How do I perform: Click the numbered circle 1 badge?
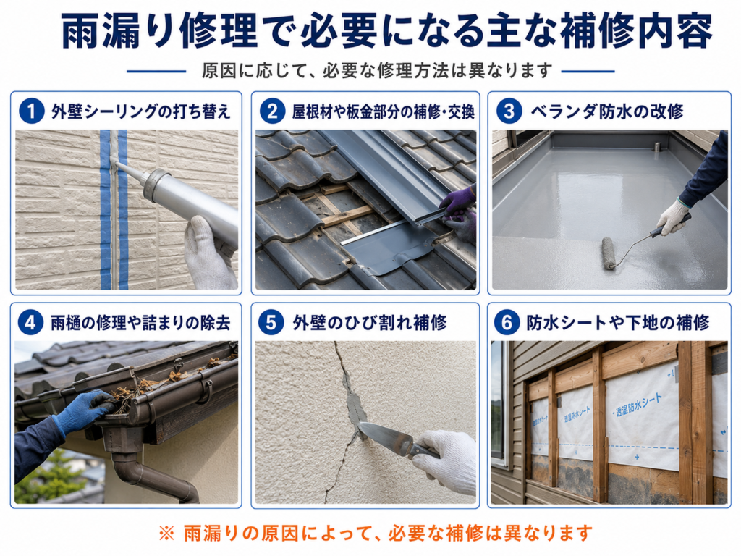point(32,111)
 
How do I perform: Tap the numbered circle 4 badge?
point(30,322)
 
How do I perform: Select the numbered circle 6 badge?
point(507,322)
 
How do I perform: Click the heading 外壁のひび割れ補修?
point(370,323)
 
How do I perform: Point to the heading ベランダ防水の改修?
point(606,111)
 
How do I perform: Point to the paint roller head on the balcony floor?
point(609,253)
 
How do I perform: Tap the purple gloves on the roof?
point(458,211)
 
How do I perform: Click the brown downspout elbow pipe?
point(156,478)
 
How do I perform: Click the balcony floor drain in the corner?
point(657,146)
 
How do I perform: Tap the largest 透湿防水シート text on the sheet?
point(639,404)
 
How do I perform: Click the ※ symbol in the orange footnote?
point(166,533)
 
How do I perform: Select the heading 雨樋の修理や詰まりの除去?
point(140,323)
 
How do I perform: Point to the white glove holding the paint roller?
point(672,217)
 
